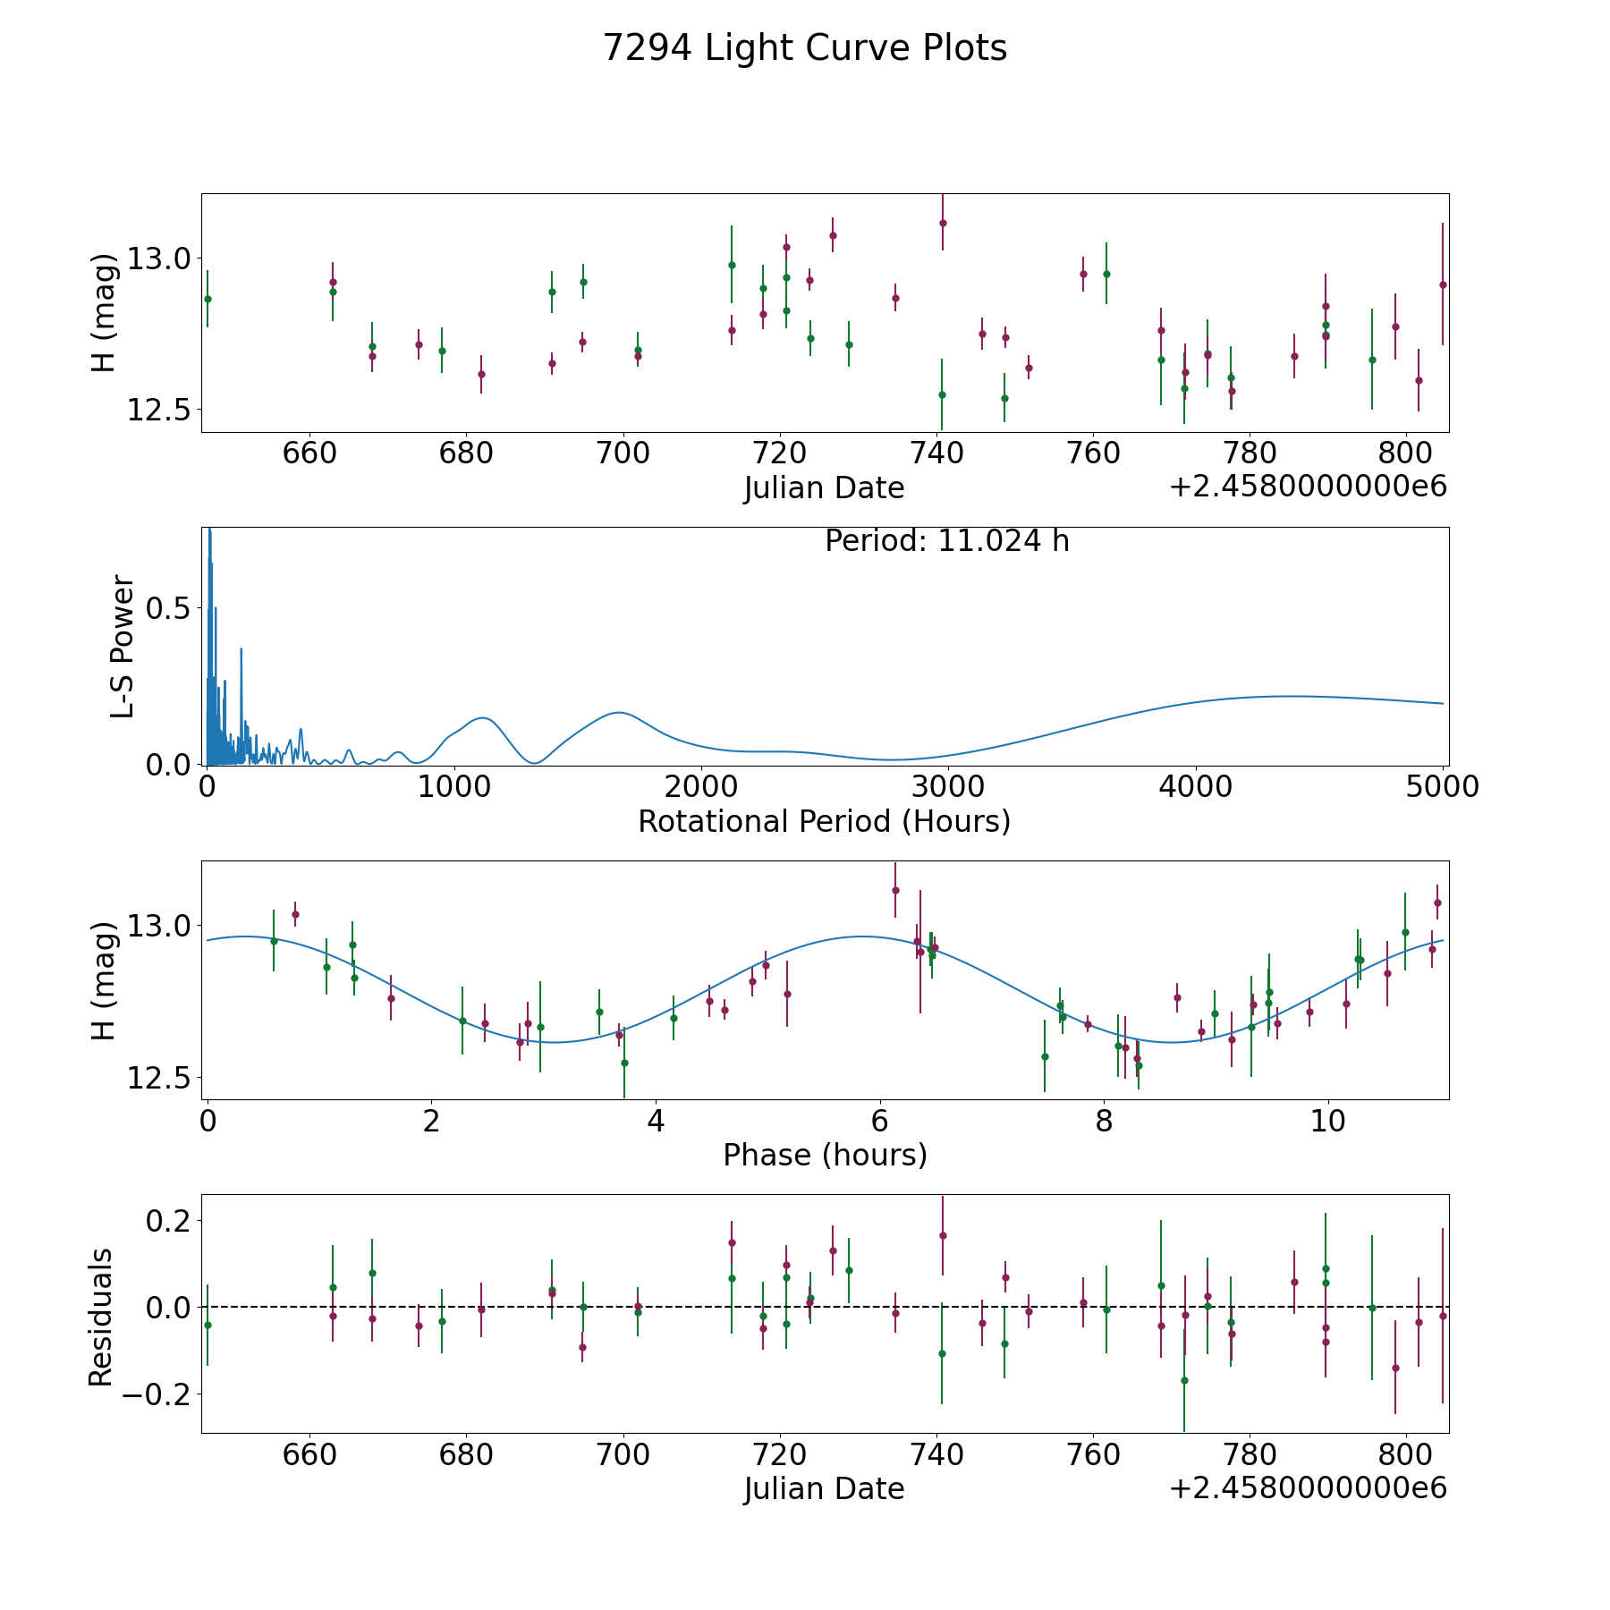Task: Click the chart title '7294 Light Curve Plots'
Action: point(805,48)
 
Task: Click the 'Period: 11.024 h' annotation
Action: point(946,542)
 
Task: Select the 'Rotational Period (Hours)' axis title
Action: point(824,821)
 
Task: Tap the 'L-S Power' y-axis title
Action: point(123,647)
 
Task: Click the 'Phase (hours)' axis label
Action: point(825,1155)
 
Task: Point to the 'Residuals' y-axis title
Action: point(101,1317)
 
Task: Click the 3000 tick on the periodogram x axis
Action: point(947,786)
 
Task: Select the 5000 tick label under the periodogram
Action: point(1442,786)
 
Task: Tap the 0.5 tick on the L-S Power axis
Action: point(170,608)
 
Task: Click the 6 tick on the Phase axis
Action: point(881,1120)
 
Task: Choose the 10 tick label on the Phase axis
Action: point(1328,1120)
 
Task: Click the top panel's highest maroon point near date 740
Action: point(943,223)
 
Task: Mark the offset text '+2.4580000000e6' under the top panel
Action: point(1308,487)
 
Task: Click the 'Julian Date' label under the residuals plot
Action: point(824,1488)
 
